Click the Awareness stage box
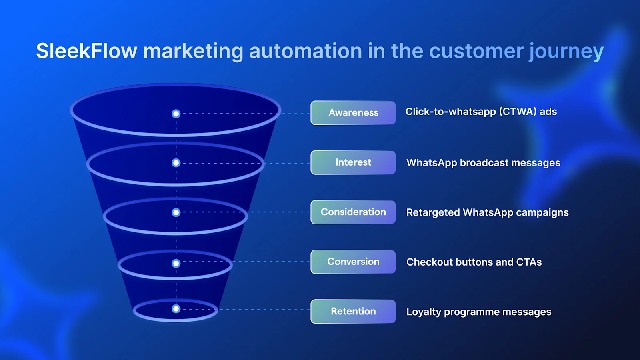353,113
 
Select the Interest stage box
353,162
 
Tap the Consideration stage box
353,212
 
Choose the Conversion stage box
353,262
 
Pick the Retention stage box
353,311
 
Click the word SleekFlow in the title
86,51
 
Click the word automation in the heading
306,51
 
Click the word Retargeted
433,212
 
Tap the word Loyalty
424,312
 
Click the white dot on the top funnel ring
176,114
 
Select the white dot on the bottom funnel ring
176,309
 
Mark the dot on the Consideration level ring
176,212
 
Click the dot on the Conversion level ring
176,263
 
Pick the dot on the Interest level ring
176,163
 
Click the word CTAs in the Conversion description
529,262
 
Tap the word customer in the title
476,51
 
